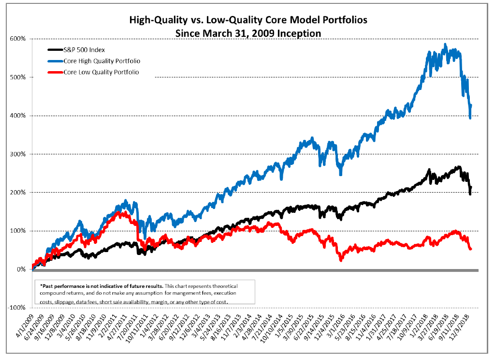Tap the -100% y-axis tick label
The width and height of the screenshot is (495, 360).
click(x=18, y=307)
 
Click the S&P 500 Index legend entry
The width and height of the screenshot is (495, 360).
click(x=84, y=49)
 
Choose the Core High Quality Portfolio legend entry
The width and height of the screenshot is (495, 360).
click(x=99, y=60)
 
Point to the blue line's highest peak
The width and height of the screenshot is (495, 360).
click(x=445, y=44)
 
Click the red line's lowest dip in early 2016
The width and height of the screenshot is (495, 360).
click(x=341, y=260)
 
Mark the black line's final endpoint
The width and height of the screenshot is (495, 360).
click(x=471, y=187)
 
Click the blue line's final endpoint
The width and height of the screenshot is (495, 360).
click(x=471, y=105)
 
